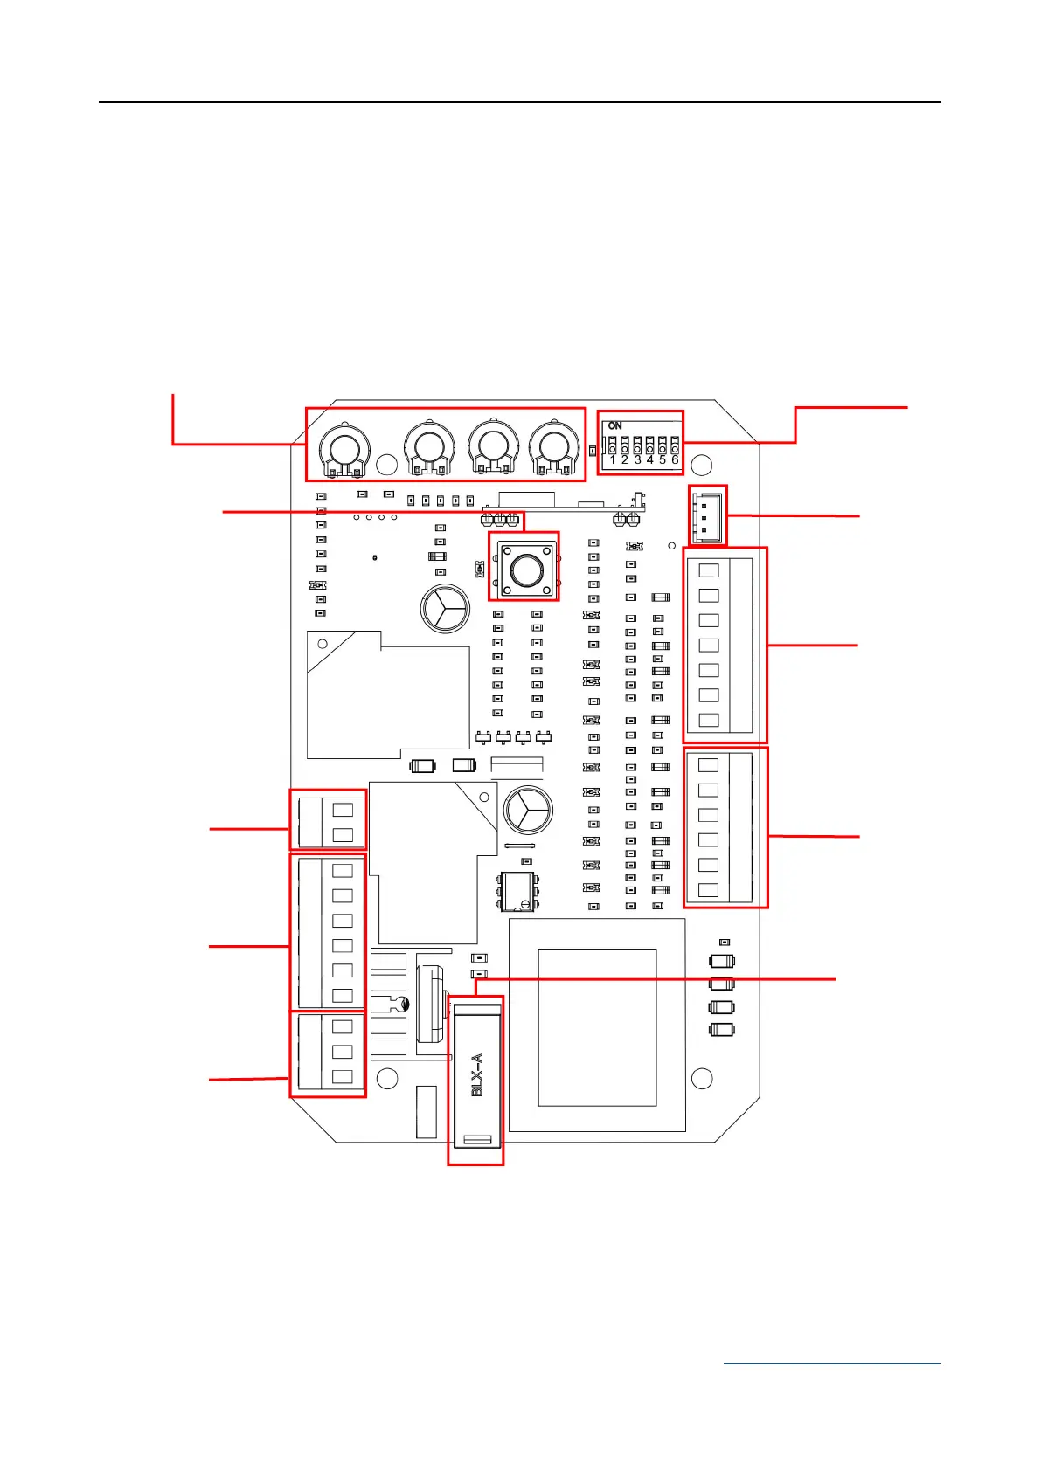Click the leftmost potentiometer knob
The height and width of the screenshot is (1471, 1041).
click(345, 448)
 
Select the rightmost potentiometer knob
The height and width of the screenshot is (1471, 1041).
click(553, 448)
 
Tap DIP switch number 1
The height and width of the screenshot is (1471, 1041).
click(612, 446)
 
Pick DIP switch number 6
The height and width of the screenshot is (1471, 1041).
click(675, 446)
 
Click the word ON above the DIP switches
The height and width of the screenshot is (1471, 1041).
click(615, 425)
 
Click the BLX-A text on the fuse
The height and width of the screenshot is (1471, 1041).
click(477, 1074)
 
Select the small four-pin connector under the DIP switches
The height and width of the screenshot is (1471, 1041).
click(707, 515)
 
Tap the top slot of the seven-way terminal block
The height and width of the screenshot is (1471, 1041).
click(710, 570)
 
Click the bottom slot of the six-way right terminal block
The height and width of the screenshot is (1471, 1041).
click(709, 890)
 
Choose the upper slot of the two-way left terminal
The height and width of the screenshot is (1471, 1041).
click(343, 809)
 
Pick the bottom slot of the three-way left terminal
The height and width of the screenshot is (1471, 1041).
click(343, 1077)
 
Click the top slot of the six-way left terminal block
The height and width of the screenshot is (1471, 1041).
click(343, 870)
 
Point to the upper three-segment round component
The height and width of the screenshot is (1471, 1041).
click(445, 609)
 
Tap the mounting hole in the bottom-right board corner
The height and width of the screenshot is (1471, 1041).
click(702, 1078)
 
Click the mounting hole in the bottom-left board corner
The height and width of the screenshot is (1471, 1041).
click(386, 1078)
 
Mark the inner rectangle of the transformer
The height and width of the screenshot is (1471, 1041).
click(597, 1027)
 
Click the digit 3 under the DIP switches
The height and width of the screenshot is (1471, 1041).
click(637, 459)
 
